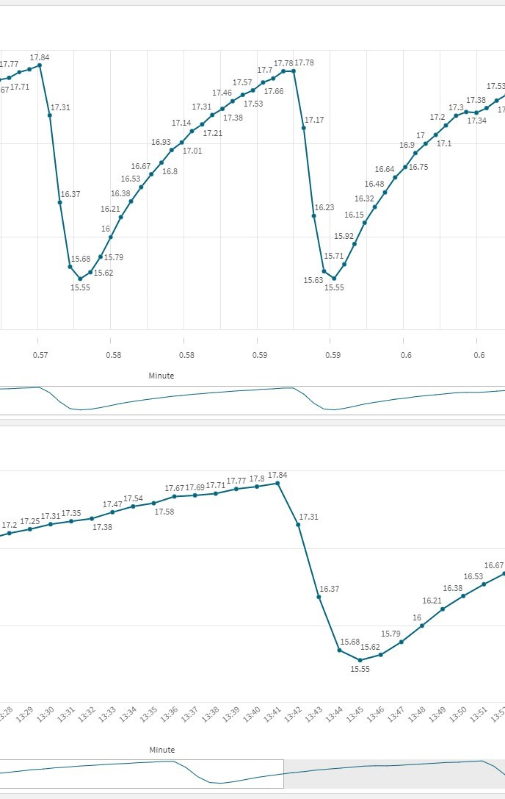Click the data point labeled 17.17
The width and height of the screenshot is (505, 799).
click(304, 128)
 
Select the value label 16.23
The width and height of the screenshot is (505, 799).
click(324, 208)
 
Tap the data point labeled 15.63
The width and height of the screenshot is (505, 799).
click(324, 271)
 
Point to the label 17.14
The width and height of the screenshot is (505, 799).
click(181, 123)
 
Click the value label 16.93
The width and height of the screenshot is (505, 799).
click(161, 142)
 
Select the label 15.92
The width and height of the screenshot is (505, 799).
click(344, 236)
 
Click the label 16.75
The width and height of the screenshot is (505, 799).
click(418, 167)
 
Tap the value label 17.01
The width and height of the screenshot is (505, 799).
click(192, 151)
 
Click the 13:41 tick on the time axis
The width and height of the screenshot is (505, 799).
click(272, 714)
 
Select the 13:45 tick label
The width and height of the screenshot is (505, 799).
click(355, 714)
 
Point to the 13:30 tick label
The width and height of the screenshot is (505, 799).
click(46, 714)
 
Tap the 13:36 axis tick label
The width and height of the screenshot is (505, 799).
click(169, 714)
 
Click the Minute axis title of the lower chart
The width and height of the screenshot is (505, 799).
click(161, 750)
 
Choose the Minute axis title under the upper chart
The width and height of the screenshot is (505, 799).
click(161, 376)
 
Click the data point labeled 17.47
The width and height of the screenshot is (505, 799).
click(112, 512)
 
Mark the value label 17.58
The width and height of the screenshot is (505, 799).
click(164, 512)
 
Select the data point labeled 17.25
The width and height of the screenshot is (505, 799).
click(30, 529)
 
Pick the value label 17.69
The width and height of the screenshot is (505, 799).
click(195, 487)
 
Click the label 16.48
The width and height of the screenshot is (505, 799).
click(374, 184)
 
